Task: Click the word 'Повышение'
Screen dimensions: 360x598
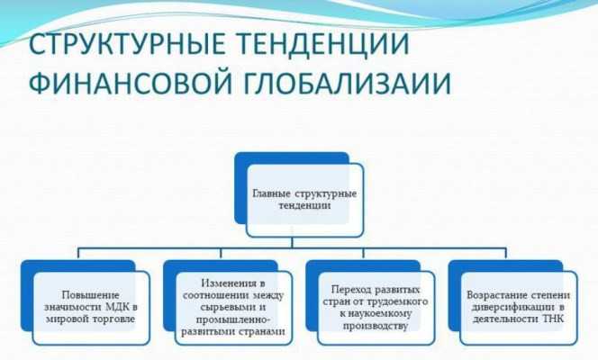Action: click(x=88, y=294)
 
